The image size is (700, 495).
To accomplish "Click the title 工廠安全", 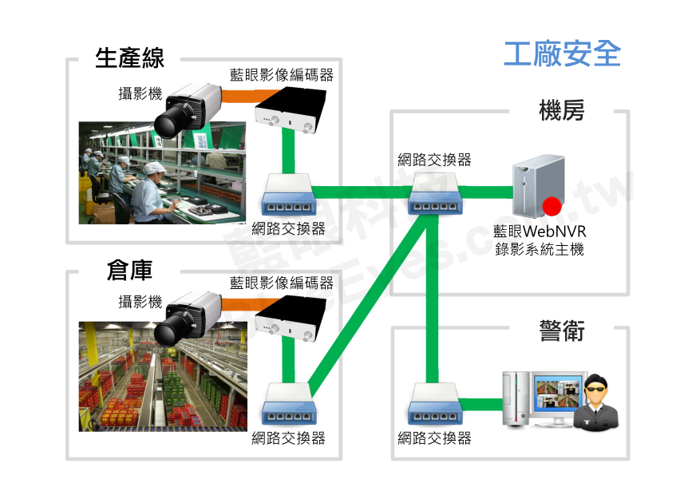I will pyautogui.click(x=562, y=53).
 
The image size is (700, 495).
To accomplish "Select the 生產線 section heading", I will pyautogui.click(x=129, y=58).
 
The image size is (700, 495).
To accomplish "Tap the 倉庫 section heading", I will pyautogui.click(x=129, y=271).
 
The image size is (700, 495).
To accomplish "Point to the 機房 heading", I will pyautogui.click(x=562, y=111).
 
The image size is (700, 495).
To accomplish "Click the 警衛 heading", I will pyautogui.click(x=562, y=330).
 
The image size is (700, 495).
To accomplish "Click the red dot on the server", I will pyautogui.click(x=550, y=208).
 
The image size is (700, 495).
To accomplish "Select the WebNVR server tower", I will pyautogui.click(x=536, y=188).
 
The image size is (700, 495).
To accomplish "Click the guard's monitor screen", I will pyautogui.click(x=559, y=397).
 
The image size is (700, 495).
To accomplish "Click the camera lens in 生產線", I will pyautogui.click(x=169, y=122).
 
